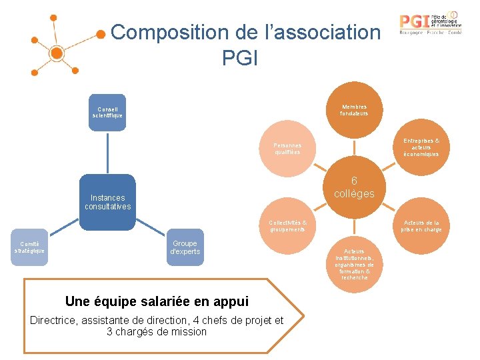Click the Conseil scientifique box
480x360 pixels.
click(107, 112)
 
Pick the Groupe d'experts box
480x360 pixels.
click(185, 247)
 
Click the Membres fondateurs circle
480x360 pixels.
click(353, 109)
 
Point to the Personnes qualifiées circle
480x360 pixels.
click(287, 149)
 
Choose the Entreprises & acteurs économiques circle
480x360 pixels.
click(421, 147)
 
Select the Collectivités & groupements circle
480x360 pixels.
click(287, 226)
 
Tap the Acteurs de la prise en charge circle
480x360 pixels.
click(421, 226)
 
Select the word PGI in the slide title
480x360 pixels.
click(239, 58)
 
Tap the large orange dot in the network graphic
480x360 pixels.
click(57, 53)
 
